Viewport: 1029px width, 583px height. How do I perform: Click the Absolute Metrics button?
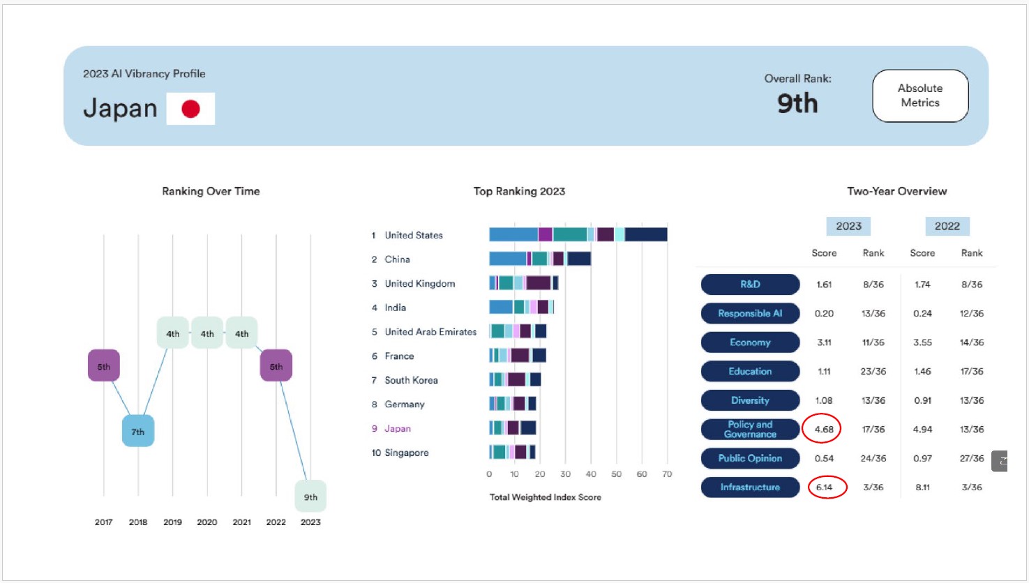(x=920, y=96)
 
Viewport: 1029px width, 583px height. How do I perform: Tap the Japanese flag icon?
(x=190, y=109)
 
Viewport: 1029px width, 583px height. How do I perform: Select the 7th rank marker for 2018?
(x=138, y=432)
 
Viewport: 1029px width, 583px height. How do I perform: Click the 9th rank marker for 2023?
(x=310, y=497)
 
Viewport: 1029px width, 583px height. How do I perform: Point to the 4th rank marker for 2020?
(x=207, y=333)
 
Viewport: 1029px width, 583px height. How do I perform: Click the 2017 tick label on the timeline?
(x=103, y=522)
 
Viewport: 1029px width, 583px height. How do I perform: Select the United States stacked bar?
(x=578, y=234)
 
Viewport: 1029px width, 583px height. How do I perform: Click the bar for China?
(x=540, y=259)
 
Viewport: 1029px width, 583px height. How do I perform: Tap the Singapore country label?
(x=407, y=453)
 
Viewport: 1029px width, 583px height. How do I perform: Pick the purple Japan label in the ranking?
(x=398, y=428)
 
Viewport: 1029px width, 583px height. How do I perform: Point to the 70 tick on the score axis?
(x=667, y=474)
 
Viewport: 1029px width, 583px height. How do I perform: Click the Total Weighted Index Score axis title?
(x=545, y=497)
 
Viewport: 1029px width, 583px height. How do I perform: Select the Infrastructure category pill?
(x=750, y=487)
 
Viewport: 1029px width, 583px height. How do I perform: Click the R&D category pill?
(x=750, y=284)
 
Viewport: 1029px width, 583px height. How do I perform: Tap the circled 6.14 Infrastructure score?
(x=825, y=487)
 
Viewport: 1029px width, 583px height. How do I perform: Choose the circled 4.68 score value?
(x=824, y=429)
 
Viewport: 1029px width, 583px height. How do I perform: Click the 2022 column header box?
(x=947, y=226)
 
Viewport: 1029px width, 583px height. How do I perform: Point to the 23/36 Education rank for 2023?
(x=873, y=371)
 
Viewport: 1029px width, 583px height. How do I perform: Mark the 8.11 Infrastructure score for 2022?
(x=922, y=487)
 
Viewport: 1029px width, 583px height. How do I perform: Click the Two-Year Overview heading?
(x=896, y=191)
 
